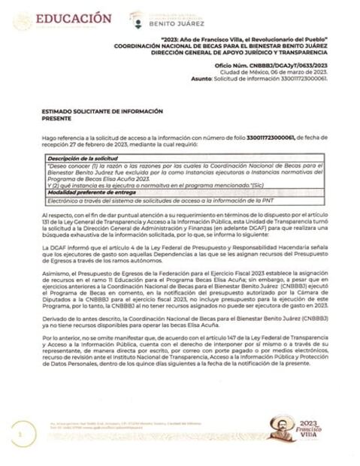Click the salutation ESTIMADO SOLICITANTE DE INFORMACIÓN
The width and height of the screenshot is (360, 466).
[92, 111]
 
